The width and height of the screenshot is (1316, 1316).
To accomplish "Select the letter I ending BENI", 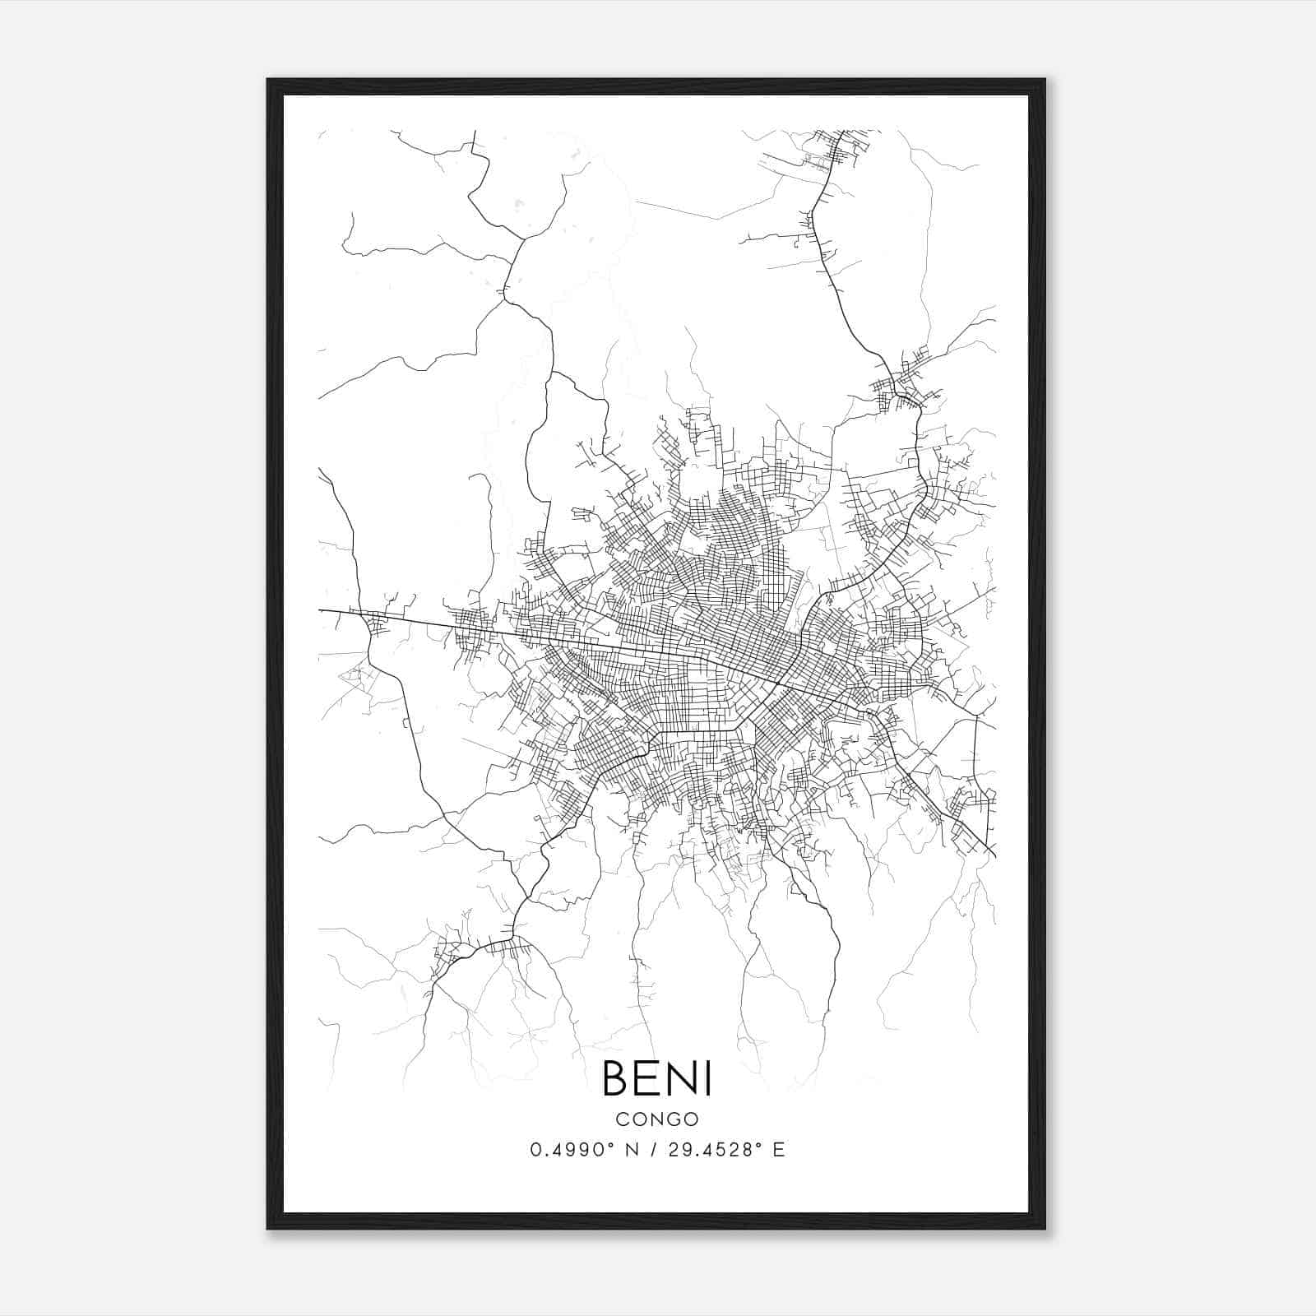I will (708, 1078).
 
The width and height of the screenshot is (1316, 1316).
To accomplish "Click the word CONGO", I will (657, 1119).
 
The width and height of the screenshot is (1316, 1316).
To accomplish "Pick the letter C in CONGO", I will (622, 1119).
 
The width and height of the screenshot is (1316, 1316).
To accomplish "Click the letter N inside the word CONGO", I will (656, 1119).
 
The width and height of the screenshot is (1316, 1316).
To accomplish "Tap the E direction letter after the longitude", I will (779, 1150).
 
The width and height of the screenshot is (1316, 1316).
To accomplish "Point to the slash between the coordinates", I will (653, 1150).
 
